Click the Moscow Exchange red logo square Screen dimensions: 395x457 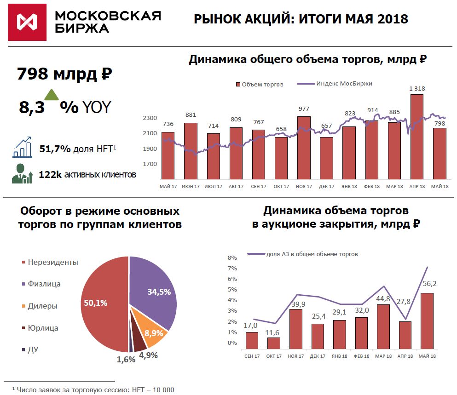point(28,22)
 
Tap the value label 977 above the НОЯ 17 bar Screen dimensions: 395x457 point(304,109)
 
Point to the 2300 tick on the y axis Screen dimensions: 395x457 point(150,118)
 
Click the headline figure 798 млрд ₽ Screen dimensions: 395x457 point(64,74)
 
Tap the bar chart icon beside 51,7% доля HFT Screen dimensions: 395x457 point(22,148)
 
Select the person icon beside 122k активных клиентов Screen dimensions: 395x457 point(22,174)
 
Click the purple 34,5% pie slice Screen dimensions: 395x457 point(154,290)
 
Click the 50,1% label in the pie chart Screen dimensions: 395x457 point(95,303)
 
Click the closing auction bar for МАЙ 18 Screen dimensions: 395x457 point(427,322)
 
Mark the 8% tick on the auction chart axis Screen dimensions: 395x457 point(232,258)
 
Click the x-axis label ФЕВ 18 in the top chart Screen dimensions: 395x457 point(371,186)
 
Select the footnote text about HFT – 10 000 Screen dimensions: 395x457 point(93,389)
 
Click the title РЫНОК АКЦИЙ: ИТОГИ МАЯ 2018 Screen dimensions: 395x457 point(301,19)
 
